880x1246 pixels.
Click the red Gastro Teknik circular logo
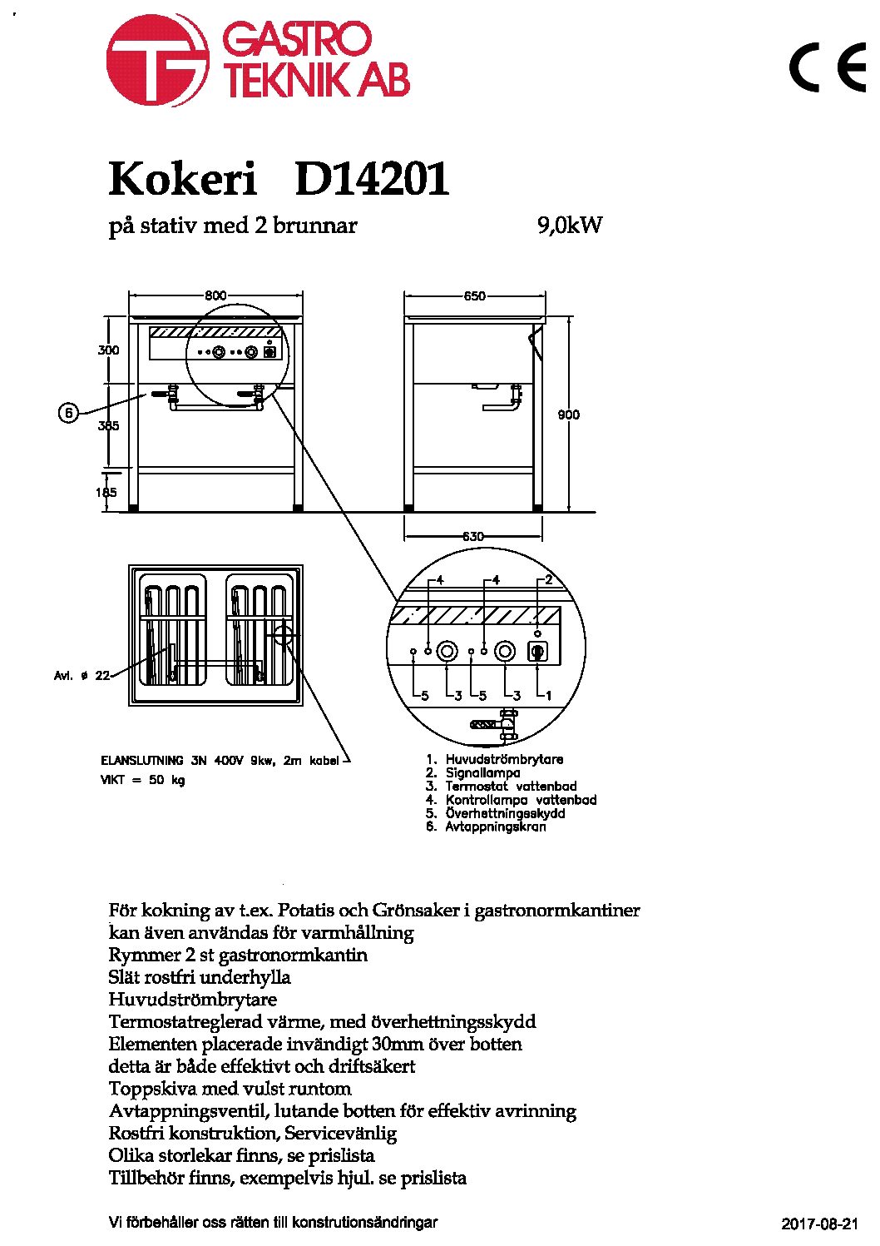(156, 60)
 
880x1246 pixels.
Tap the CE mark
(828, 67)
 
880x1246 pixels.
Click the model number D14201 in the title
(372, 179)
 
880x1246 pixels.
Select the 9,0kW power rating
(569, 226)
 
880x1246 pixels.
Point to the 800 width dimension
(215, 295)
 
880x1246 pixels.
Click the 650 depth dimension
(474, 296)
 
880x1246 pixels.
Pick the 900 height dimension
(569, 415)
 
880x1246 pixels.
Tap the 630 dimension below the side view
(473, 537)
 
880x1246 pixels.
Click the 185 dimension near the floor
(106, 492)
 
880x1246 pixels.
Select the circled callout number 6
(68, 414)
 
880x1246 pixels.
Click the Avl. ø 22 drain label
(82, 676)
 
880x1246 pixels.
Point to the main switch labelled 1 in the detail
(537, 652)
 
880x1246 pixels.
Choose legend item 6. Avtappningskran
(487, 827)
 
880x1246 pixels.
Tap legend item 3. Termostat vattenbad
(502, 786)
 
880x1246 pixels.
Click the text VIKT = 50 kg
(143, 780)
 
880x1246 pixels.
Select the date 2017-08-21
(820, 1224)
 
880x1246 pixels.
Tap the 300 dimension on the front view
(108, 350)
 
